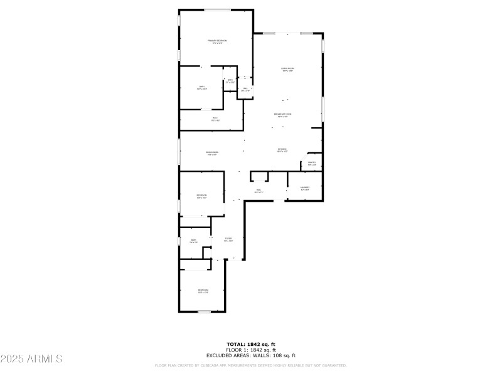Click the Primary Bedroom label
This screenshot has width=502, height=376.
click(x=218, y=41)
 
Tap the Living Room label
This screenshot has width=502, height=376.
click(x=288, y=68)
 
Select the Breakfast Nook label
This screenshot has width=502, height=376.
click(x=282, y=114)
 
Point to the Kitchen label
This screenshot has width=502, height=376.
click(x=282, y=149)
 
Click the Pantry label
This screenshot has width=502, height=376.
click(x=312, y=164)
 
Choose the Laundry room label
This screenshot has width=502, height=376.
click(x=305, y=187)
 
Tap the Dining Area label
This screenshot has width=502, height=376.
click(x=212, y=153)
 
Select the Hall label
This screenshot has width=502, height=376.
click(x=258, y=191)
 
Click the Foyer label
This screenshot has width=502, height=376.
click(x=229, y=239)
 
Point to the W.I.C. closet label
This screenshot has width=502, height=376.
click(x=215, y=118)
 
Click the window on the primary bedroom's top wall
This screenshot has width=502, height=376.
click(x=216, y=9)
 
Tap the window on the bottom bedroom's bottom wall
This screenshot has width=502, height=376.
click(x=204, y=311)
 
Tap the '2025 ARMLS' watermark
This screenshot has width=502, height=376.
click(x=31, y=359)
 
